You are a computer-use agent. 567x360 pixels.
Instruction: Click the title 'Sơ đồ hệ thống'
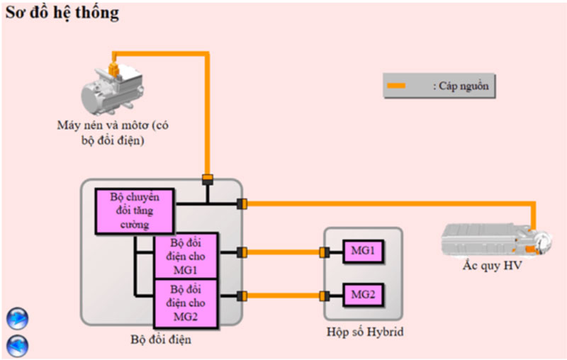point(63,13)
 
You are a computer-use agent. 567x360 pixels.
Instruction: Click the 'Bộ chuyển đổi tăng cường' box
point(134,211)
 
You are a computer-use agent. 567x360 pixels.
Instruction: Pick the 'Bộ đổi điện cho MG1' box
point(188,256)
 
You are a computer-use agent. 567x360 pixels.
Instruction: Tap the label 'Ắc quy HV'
point(486,267)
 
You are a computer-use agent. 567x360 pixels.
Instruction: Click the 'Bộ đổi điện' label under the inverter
point(161,339)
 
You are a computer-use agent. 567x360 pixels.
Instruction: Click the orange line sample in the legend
point(397,86)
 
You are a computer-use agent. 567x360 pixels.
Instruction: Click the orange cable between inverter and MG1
point(283,252)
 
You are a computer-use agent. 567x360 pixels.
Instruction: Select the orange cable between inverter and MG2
point(283,296)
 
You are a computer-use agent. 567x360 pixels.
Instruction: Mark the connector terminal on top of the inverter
point(207,178)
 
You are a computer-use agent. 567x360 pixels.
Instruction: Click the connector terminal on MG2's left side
point(325,296)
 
